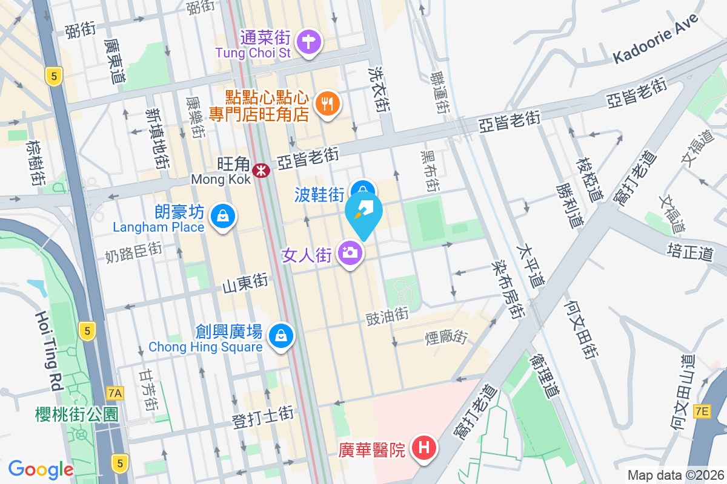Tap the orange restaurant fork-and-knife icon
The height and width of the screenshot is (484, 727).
328,104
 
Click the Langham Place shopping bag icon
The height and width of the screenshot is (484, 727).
223,215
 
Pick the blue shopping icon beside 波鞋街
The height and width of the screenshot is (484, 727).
363,189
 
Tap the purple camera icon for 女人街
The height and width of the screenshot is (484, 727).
350,252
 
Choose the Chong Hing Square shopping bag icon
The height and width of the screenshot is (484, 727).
281,335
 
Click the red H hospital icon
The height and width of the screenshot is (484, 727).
424,448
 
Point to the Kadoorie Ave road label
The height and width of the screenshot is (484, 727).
656,38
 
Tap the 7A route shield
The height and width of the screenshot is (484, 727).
115,393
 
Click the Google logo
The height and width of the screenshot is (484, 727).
41,469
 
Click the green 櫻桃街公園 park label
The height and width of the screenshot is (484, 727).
76,414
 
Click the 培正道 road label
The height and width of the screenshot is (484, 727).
690,252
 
